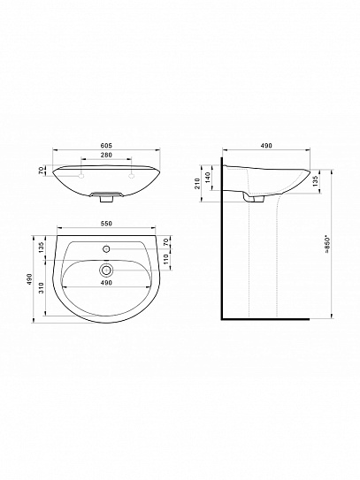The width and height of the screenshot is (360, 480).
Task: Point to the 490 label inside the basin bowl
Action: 106,283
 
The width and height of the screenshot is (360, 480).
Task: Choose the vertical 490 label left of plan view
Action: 32,277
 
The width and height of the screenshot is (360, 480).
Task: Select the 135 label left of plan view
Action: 42,246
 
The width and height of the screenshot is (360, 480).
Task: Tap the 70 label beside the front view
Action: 42,171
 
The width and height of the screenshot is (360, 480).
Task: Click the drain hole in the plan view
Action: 106,269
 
